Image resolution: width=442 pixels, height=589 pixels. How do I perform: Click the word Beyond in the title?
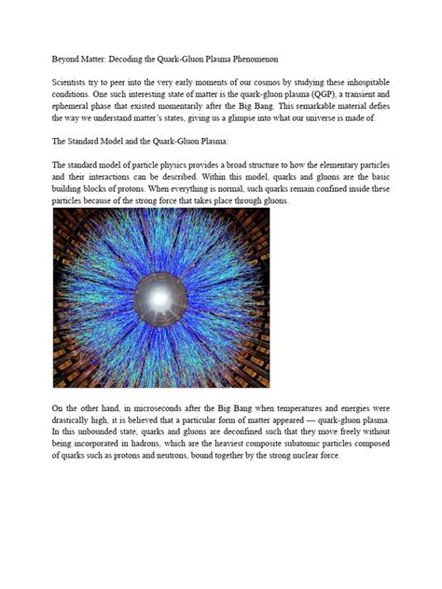pyautogui.click(x=67, y=58)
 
